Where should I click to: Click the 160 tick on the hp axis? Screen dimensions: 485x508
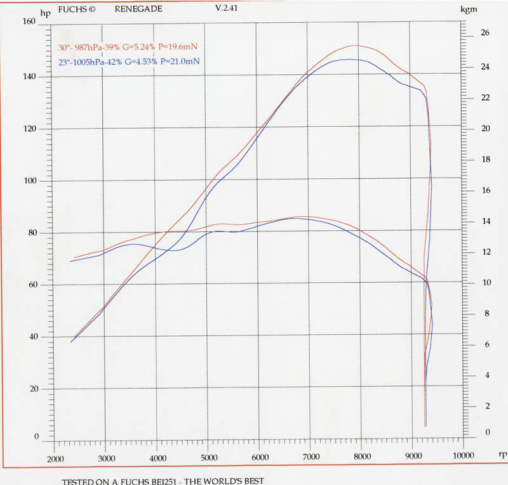click(29, 21)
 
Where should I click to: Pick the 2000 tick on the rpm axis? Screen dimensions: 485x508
click(55, 458)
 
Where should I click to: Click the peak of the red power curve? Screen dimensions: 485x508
click(356, 45)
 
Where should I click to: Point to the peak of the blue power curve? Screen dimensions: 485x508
click(349, 59)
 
